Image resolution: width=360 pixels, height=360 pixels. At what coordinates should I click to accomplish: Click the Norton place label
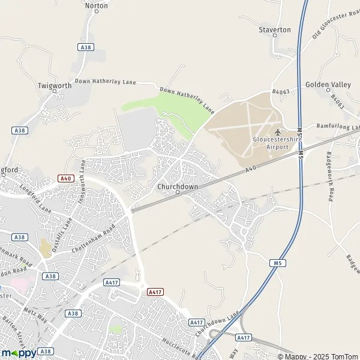pyautogui.click(x=97, y=5)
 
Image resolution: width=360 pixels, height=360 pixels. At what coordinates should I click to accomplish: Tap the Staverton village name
pyautogui.click(x=274, y=29)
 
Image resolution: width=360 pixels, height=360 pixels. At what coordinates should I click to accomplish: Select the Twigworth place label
pyautogui.click(x=55, y=86)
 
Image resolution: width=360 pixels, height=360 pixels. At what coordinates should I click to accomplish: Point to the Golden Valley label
pyautogui.click(x=328, y=85)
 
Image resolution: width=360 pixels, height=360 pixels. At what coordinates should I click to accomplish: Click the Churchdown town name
pyautogui.click(x=177, y=187)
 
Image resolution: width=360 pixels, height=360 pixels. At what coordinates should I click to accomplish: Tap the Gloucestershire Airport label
pyautogui.click(x=276, y=143)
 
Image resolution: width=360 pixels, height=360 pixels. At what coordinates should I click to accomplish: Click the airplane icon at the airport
pyautogui.click(x=277, y=132)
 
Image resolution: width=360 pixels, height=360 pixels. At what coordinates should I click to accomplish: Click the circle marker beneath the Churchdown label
pyautogui.click(x=177, y=193)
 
